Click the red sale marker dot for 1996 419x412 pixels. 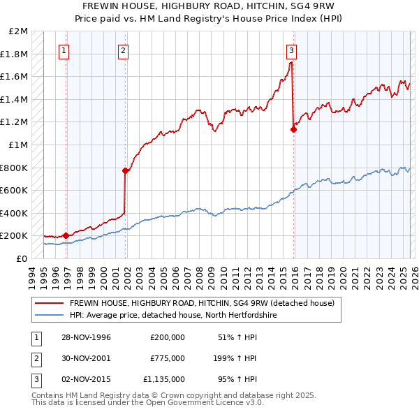tap(66, 235)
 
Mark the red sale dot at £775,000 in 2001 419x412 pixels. tap(126, 170)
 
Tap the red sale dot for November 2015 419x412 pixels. tap(293, 129)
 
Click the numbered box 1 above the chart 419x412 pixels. tap(64, 50)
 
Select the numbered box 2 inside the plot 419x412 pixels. tap(123, 50)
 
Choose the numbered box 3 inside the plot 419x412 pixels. tap(291, 50)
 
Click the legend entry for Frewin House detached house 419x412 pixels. tap(203, 303)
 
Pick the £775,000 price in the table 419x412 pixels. tap(168, 358)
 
